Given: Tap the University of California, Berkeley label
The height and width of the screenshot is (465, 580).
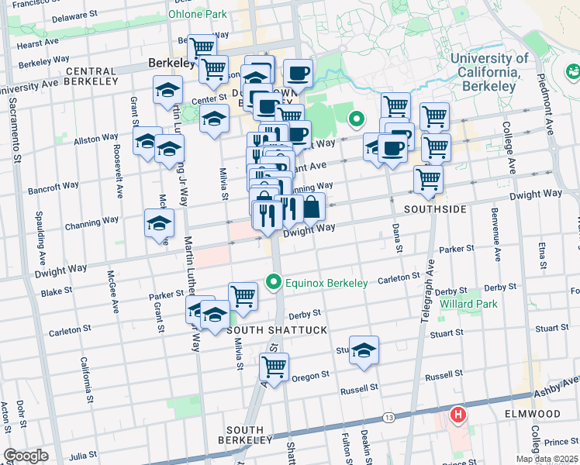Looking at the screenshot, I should (489, 72).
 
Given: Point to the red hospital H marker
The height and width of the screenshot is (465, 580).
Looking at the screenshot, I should (458, 415).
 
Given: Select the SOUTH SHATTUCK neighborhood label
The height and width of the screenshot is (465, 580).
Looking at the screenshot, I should (276, 330).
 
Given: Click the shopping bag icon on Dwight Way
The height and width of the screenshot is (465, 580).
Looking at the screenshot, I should (312, 208).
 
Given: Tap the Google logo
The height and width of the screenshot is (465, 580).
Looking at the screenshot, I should (26, 456).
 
